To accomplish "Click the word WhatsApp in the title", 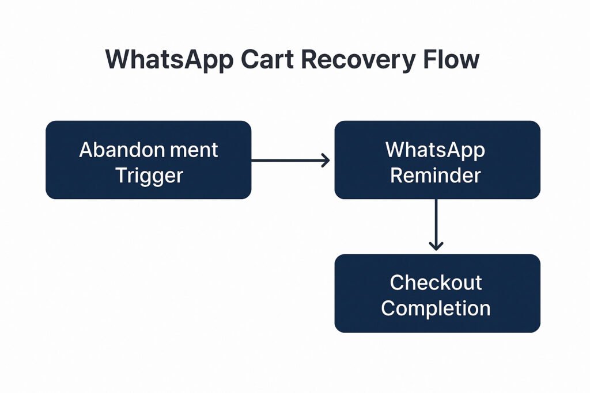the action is coord(169,60).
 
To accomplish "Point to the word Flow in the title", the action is coord(451,59).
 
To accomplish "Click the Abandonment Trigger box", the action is coord(148,160).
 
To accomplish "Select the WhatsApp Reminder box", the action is coord(437,160).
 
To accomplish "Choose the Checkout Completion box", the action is coord(437,293).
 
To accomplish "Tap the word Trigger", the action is coord(149,176).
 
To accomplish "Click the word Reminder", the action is coord(436,175).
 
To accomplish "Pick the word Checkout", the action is coord(436,282).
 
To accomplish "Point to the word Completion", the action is coord(436,309).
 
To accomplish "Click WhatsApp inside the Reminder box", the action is coord(436,150).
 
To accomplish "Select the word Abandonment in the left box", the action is coord(148,150).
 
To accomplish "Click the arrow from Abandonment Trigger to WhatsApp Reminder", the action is coord(290,161).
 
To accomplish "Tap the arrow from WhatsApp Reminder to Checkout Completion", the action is coord(436,224).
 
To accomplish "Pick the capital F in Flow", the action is coord(429,59).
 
